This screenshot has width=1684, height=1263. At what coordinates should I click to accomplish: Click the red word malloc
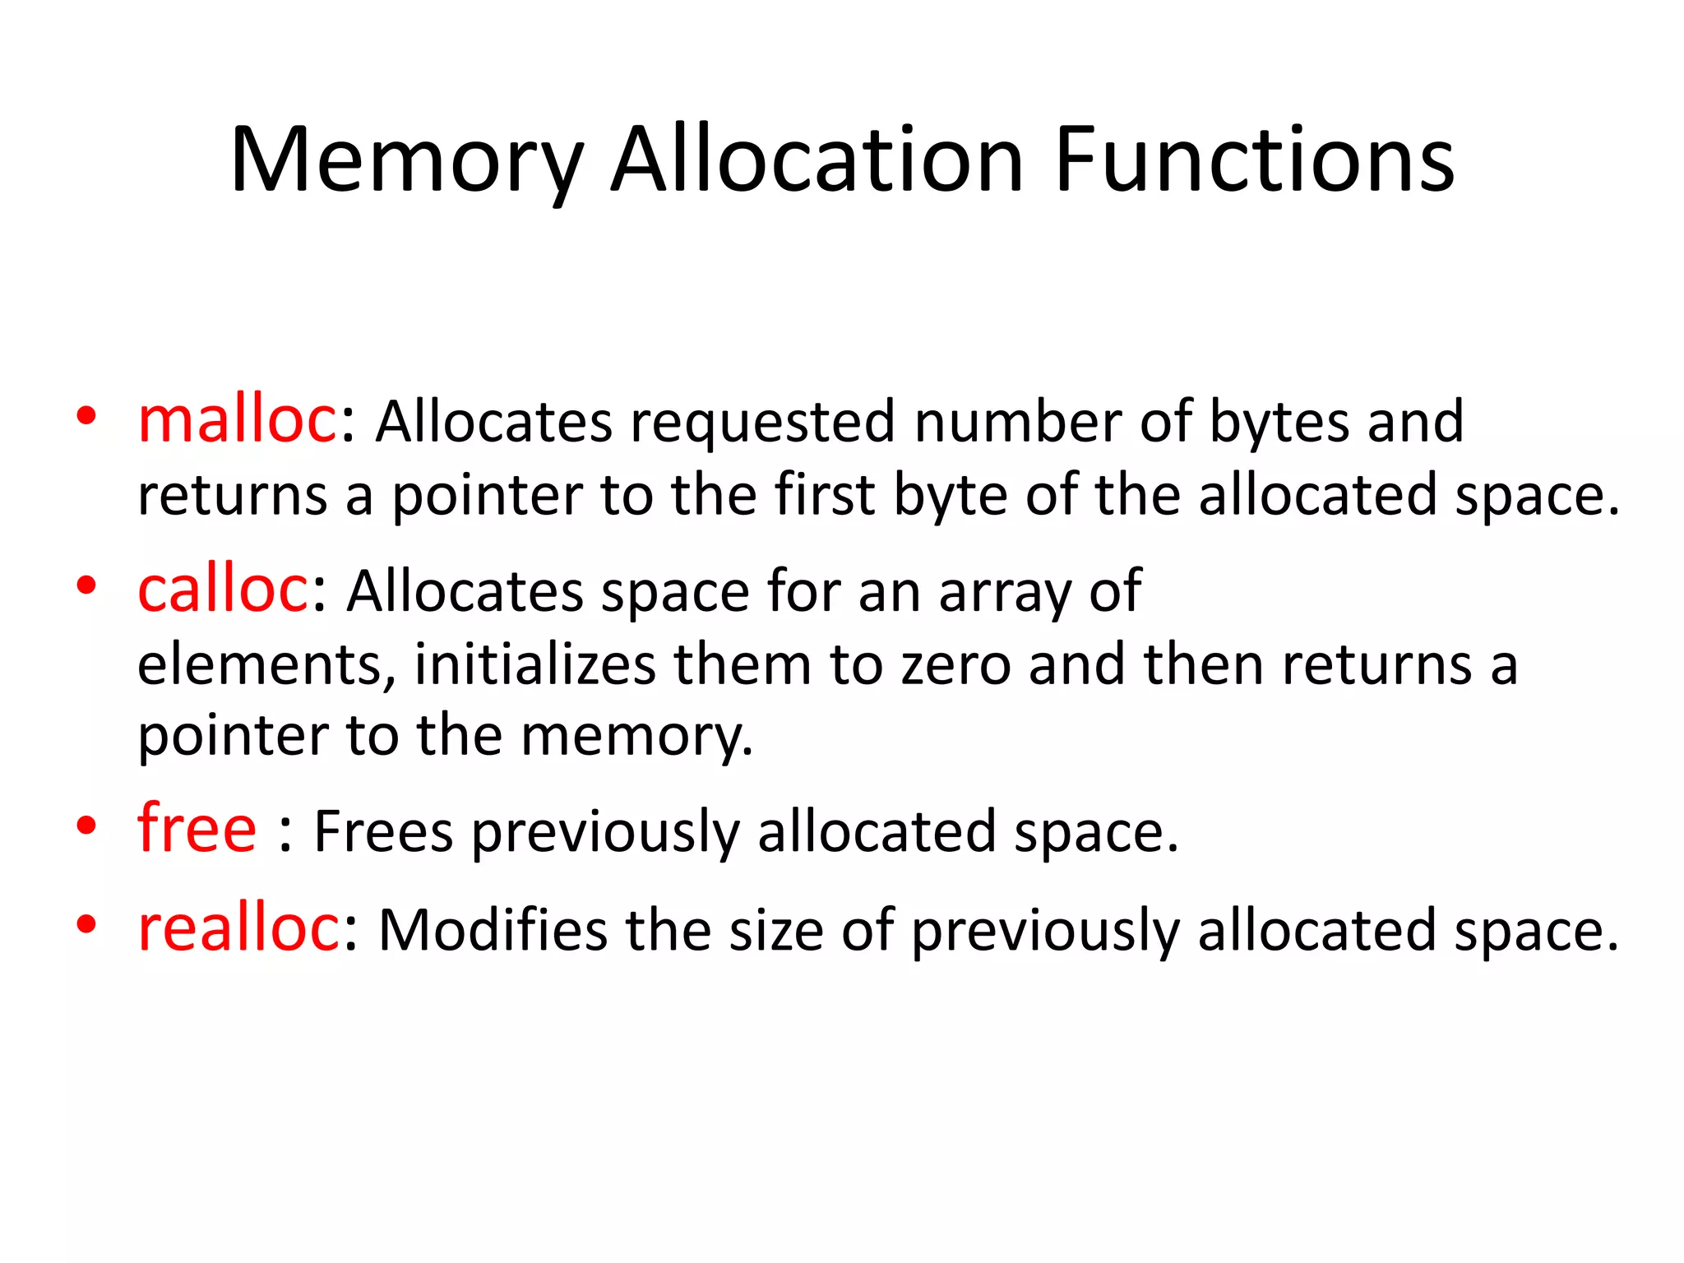238,420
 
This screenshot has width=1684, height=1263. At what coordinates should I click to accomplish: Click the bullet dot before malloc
86,416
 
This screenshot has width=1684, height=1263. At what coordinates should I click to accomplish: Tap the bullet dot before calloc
86,585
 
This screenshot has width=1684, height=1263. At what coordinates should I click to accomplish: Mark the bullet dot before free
86,826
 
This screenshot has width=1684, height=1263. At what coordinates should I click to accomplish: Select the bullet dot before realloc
86,925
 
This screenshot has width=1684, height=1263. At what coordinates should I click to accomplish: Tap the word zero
956,664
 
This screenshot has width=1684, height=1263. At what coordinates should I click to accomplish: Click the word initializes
535,664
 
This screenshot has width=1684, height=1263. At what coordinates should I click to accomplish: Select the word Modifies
493,931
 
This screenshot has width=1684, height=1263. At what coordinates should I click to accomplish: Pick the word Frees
384,831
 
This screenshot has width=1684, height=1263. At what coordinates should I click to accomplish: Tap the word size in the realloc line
776,931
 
